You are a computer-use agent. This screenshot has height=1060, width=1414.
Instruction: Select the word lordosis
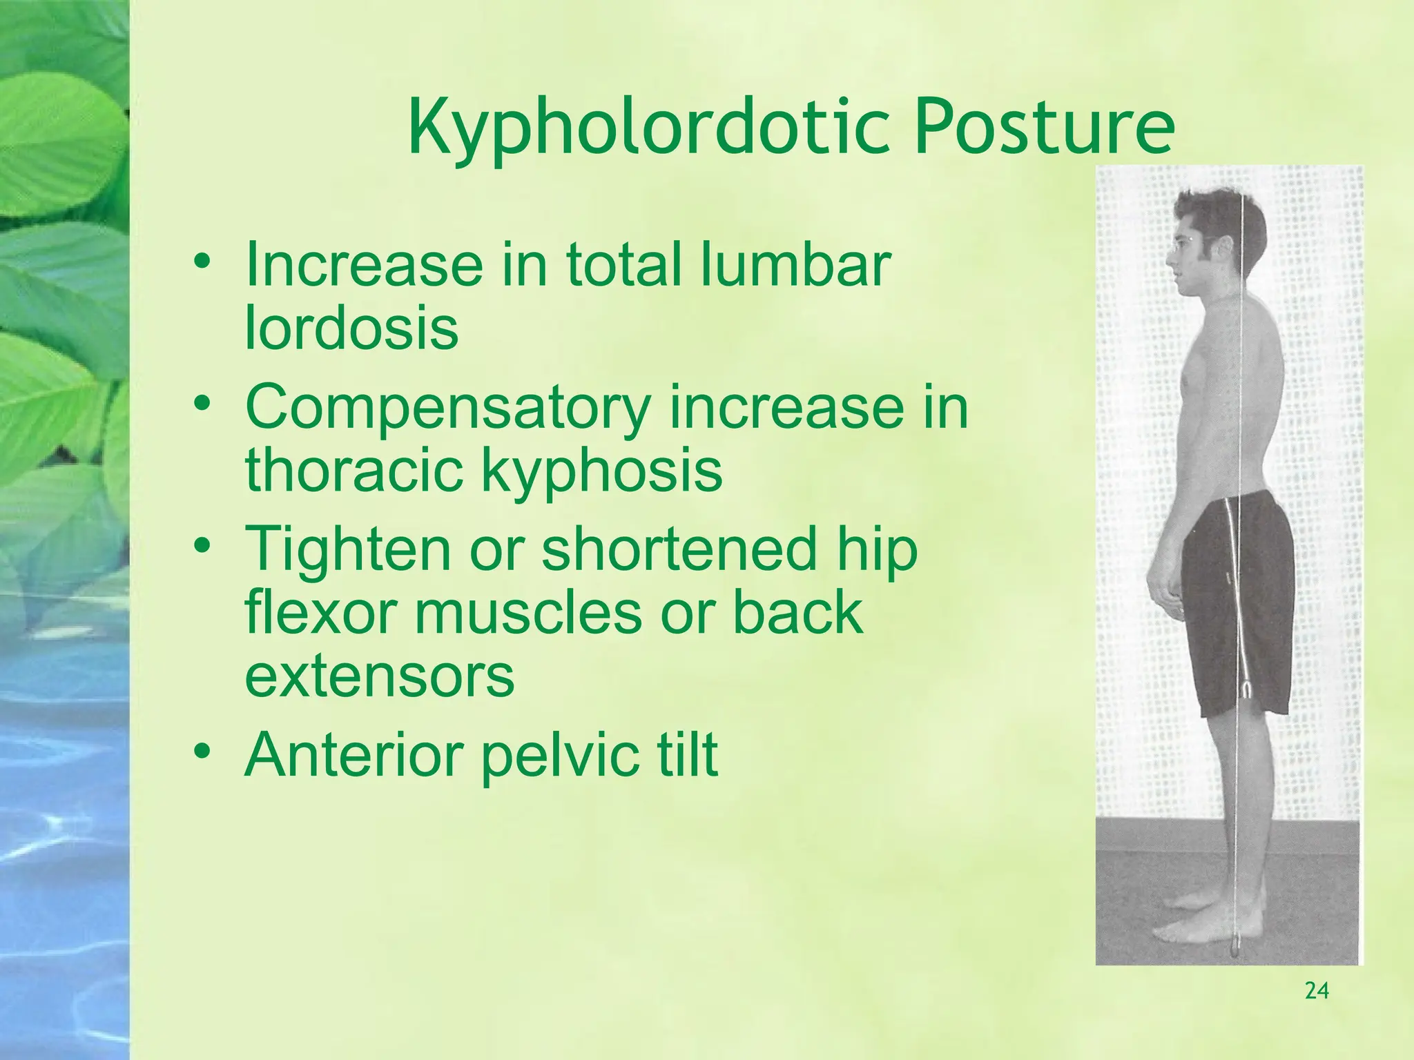click(351, 328)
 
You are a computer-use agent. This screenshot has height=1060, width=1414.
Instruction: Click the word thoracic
click(353, 470)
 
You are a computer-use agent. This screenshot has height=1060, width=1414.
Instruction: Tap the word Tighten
click(347, 550)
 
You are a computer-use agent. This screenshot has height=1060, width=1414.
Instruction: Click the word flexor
click(320, 612)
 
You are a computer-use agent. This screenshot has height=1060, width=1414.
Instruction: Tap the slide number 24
click(1317, 991)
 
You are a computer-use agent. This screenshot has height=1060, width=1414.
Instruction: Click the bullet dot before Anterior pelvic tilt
click(202, 750)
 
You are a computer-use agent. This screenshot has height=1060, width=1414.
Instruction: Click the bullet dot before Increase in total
click(202, 262)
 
